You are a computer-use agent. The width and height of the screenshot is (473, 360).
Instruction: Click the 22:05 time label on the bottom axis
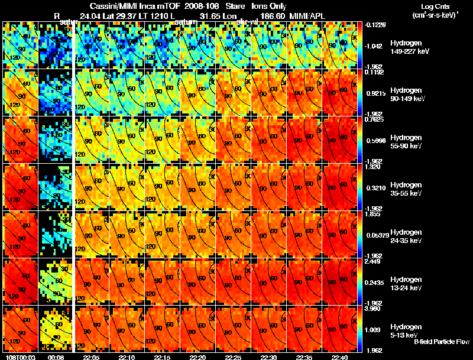pos(92,357)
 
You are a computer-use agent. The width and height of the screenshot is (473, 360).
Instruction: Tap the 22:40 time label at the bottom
pos(340,357)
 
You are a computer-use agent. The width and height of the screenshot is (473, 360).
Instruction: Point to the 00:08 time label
pos(56,357)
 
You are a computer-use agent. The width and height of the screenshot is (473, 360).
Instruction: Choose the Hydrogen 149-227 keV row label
pos(406,48)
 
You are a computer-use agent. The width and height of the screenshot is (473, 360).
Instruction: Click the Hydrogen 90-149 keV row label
pos(406,95)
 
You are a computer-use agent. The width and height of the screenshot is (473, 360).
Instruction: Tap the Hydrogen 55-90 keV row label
pos(406,142)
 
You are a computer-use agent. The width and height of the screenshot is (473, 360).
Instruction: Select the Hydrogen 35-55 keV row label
pos(406,189)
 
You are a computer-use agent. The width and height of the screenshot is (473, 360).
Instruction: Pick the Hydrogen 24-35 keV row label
pos(406,236)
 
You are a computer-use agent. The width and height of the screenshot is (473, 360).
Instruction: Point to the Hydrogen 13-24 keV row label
pos(406,284)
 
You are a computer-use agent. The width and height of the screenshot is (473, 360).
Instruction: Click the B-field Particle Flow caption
pos(442,342)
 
